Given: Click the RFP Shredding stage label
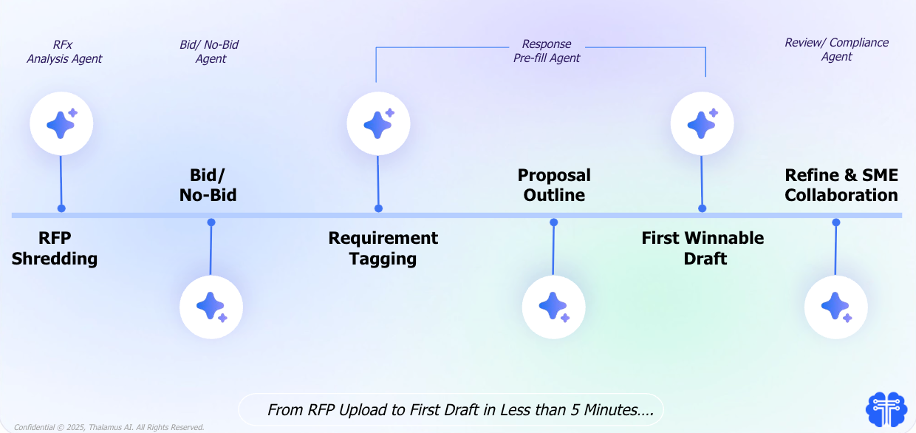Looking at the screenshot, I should coord(55,248).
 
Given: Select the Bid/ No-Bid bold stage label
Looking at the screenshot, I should coord(208,185).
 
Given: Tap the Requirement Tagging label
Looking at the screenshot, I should coord(383,248).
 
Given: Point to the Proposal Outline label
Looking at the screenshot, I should coord(554,185).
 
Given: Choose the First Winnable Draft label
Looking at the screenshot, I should coord(703,248).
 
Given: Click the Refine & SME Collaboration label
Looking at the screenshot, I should coord(841,185).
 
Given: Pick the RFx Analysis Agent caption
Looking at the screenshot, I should coord(64,52).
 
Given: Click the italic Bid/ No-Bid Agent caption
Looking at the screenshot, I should coord(210,52).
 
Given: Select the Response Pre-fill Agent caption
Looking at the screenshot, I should coord(547,51).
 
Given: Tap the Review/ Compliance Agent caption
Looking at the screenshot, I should coord(836,50).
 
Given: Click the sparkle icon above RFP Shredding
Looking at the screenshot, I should coord(61,124).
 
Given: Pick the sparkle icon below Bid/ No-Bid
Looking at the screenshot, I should coord(211,307).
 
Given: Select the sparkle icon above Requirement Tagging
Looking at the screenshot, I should coord(378,124).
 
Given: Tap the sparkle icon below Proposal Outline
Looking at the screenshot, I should coord(553,307).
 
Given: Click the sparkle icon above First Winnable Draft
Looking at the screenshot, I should coord(702,124).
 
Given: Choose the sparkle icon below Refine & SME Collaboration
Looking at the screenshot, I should coord(835,307).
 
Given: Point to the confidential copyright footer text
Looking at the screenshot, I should coord(109,427).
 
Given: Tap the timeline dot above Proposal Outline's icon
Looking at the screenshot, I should coord(553,222).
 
